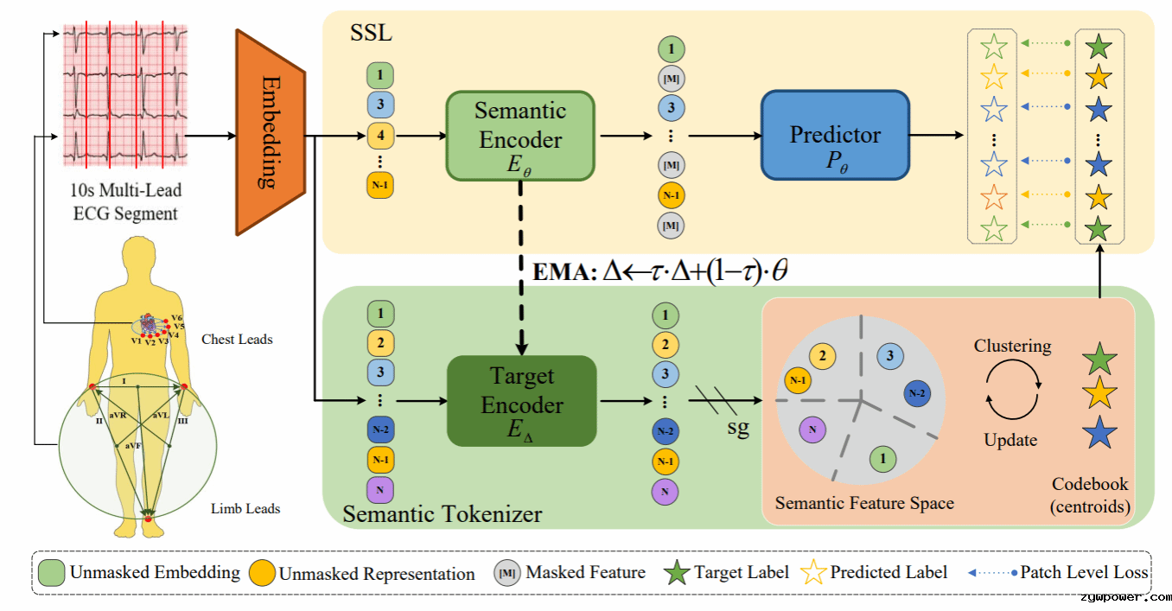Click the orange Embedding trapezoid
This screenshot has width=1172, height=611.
click(x=271, y=132)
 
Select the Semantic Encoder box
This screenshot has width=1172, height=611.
click(x=520, y=136)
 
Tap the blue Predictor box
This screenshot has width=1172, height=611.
click(x=835, y=135)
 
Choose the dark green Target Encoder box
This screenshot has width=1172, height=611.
click(x=522, y=401)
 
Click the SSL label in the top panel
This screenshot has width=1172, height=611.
click(x=371, y=33)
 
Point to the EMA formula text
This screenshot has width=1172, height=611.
click(x=659, y=271)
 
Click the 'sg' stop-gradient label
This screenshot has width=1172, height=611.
click(x=738, y=428)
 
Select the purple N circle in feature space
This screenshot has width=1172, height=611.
click(x=812, y=430)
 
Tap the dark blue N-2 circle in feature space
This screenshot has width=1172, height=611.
click(x=917, y=393)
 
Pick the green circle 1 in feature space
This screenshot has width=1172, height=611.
click(x=882, y=459)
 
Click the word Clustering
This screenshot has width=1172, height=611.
click(x=1012, y=346)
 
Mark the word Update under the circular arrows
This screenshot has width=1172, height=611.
click(x=1010, y=440)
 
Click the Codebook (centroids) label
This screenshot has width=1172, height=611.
click(x=1090, y=495)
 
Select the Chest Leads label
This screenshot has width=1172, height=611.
click(x=237, y=340)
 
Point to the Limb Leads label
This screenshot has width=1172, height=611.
click(x=245, y=508)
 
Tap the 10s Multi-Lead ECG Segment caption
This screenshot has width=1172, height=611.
click(x=125, y=202)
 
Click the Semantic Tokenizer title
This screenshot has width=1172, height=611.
click(x=443, y=513)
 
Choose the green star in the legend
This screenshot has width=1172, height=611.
click(x=677, y=572)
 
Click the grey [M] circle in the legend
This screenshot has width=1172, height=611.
click(x=506, y=573)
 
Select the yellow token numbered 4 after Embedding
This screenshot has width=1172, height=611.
click(x=380, y=135)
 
